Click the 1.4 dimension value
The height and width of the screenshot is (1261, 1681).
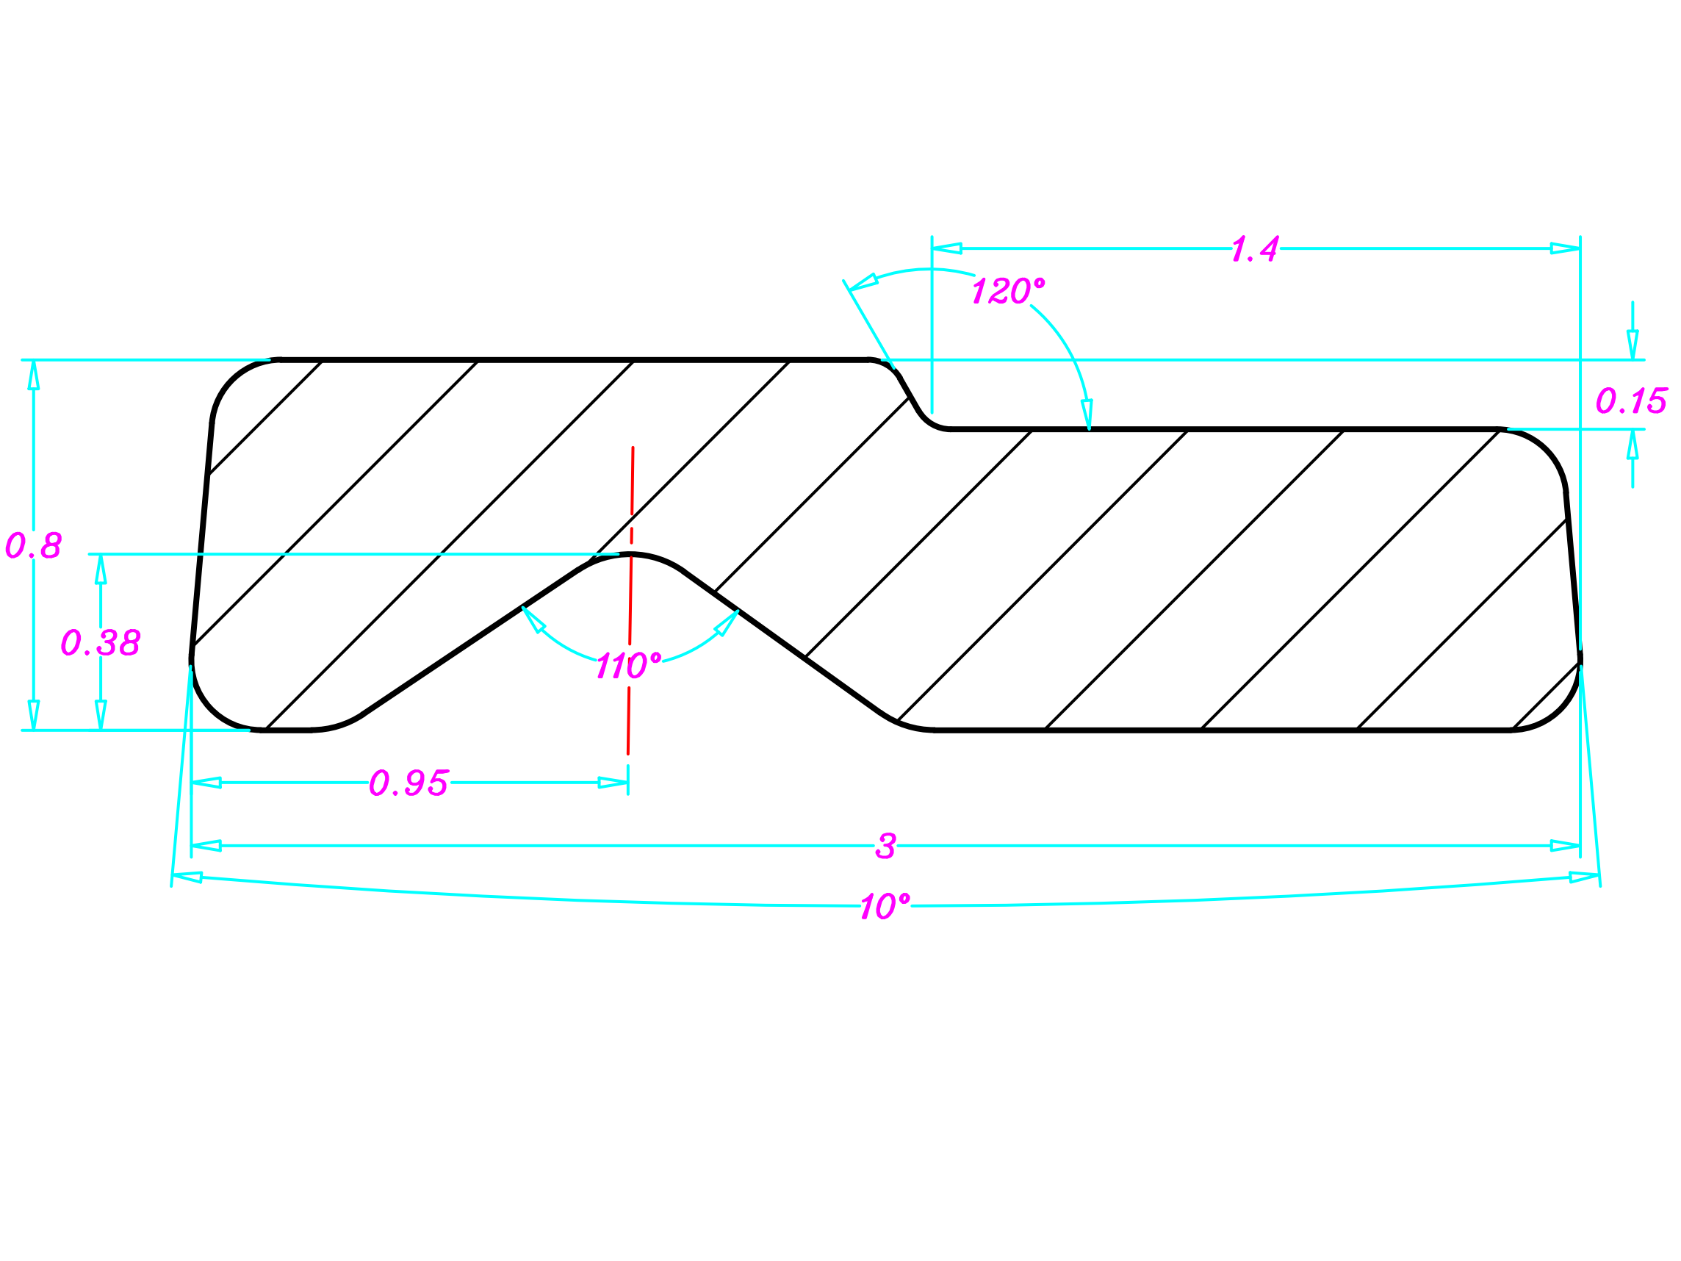pyautogui.click(x=1255, y=248)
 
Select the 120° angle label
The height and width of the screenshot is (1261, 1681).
pyautogui.click(x=1008, y=290)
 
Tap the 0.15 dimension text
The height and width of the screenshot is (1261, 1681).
pyautogui.click(x=1631, y=400)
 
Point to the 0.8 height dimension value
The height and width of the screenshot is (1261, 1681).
pyautogui.click(x=34, y=545)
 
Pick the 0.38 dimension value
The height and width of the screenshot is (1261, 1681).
pyautogui.click(x=101, y=642)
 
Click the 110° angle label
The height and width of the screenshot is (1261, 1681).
pyautogui.click(x=627, y=666)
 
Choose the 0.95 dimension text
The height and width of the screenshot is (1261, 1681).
pyautogui.click(x=408, y=783)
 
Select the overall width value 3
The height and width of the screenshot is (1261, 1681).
pyautogui.click(x=885, y=846)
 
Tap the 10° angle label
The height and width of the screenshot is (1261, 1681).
pyautogui.click(x=885, y=906)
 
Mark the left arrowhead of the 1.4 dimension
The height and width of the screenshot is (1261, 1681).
pyautogui.click(x=947, y=248)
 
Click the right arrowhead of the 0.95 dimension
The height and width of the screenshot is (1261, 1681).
pyautogui.click(x=613, y=783)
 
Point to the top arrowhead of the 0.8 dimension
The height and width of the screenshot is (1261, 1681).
pyautogui.click(x=34, y=374)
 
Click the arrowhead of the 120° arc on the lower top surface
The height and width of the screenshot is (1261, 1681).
pyautogui.click(x=1087, y=414)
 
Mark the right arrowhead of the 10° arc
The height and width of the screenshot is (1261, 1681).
pyautogui.click(x=1584, y=878)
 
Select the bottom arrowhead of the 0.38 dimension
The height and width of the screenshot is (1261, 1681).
pyautogui.click(x=101, y=714)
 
